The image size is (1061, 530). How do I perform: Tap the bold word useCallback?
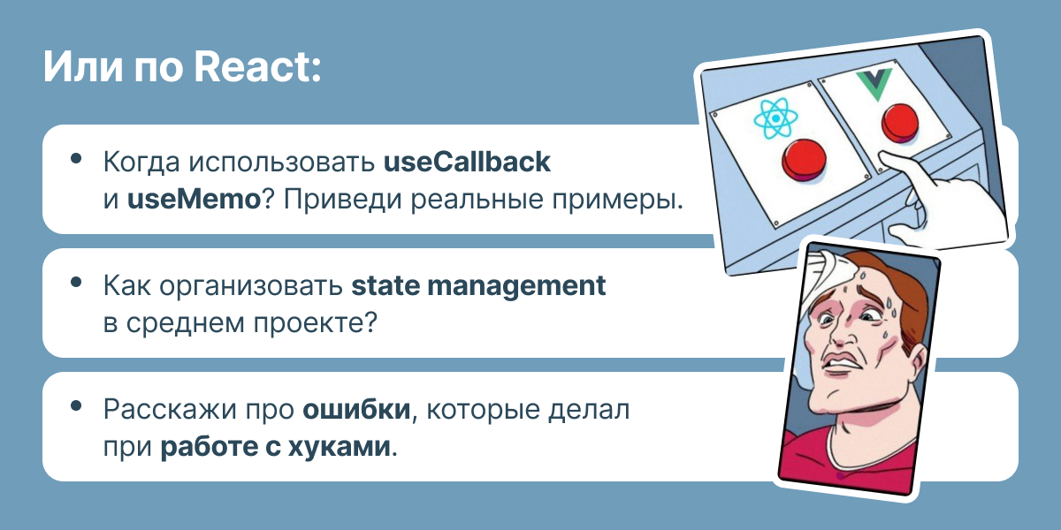click(467, 163)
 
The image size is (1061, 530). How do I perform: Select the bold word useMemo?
click(194, 199)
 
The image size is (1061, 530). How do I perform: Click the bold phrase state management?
click(478, 287)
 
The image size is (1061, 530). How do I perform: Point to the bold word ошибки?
click(357, 411)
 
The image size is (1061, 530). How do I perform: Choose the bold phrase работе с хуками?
click(275, 446)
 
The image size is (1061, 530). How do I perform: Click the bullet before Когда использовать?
click(77, 159)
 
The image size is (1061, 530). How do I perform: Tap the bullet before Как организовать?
click(77, 283)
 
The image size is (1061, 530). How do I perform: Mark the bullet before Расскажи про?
click(77, 406)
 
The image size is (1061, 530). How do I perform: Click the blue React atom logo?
click(775, 119)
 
